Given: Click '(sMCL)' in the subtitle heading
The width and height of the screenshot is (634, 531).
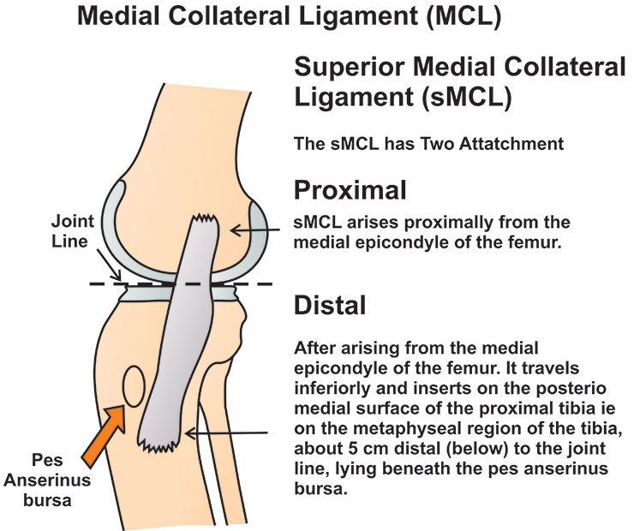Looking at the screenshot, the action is (461, 98).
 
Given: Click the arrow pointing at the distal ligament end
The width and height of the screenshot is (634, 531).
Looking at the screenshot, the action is (228, 435).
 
